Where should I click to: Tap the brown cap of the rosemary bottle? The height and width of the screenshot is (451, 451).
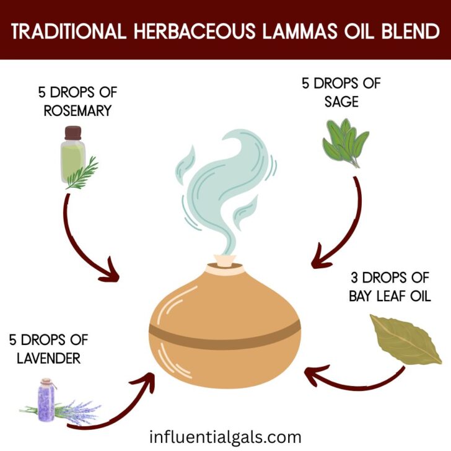click(72, 132)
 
